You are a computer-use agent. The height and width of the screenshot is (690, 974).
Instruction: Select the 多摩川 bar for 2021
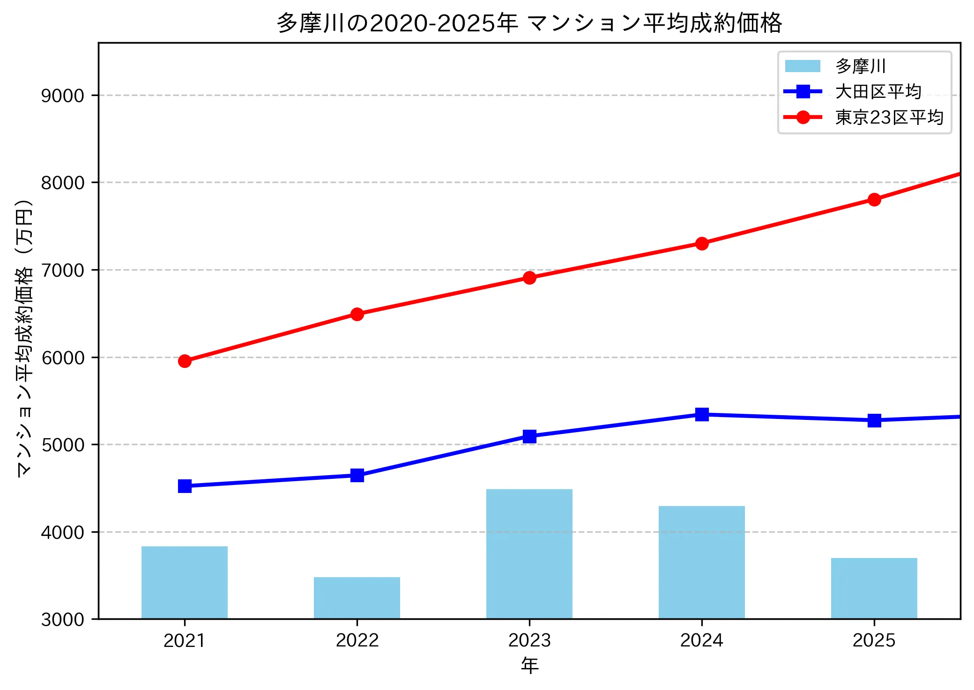tap(185, 582)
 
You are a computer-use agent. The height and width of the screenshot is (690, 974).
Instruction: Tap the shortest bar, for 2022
tap(357, 598)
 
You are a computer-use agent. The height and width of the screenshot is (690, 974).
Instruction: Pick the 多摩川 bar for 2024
tap(701, 562)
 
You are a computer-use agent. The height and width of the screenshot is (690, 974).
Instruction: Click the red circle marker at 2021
tap(185, 361)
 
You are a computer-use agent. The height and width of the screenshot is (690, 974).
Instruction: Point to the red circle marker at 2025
tap(874, 200)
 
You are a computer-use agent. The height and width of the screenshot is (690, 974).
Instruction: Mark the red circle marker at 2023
tap(529, 278)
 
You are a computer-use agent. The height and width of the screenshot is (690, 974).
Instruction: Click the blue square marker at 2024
tap(701, 414)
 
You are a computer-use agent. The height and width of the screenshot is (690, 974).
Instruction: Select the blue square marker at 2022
tap(357, 475)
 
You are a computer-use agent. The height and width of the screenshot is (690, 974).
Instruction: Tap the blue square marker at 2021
tap(185, 486)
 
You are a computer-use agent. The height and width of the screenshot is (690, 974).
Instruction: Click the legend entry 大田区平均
tap(878, 92)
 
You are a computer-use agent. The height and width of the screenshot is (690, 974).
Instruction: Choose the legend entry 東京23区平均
tap(889, 117)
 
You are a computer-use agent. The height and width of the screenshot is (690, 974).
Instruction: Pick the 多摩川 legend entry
tap(861, 66)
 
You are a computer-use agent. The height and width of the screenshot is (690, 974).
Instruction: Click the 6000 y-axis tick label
tap(62, 358)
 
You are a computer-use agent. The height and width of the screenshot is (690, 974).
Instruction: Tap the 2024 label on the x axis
tap(701, 640)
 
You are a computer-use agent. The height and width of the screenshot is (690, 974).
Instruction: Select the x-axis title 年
tap(529, 665)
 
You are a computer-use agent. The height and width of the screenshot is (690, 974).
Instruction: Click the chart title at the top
tap(529, 22)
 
